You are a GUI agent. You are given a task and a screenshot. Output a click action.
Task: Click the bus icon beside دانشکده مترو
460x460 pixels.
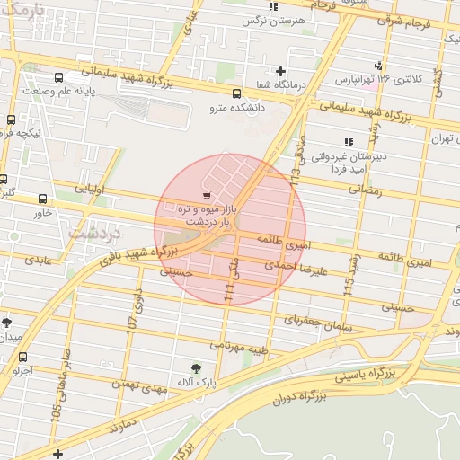pos(237,93)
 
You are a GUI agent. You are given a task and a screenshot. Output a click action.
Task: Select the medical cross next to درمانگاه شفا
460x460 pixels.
pos(281,71)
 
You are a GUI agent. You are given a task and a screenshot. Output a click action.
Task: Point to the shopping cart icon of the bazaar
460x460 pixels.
pos(208,194)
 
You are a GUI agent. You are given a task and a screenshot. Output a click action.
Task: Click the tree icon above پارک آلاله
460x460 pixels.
pos(196,367)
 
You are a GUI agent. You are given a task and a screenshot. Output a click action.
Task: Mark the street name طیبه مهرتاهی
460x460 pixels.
pos(242,343)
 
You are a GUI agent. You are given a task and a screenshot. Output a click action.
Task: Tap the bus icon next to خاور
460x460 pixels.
pos(43,199)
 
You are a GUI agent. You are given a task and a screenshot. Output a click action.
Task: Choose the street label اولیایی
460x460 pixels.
pos(90,190)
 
